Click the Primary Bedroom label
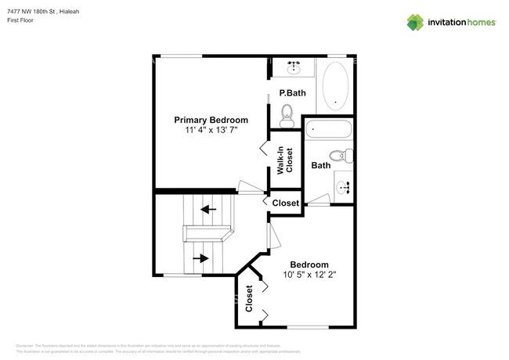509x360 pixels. click(211, 120)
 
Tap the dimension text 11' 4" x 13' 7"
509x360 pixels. click(211, 131)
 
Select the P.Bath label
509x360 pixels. click(292, 94)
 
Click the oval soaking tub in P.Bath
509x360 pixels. click(338, 85)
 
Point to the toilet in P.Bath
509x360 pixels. click(287, 114)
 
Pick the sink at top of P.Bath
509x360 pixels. click(294, 68)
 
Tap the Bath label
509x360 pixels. click(320, 165)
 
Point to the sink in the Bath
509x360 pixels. click(345, 187)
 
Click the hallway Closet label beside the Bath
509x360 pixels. click(285, 203)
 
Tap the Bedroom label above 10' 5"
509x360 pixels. click(309, 265)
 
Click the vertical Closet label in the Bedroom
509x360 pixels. click(250, 298)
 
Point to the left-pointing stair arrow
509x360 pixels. click(208, 209)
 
